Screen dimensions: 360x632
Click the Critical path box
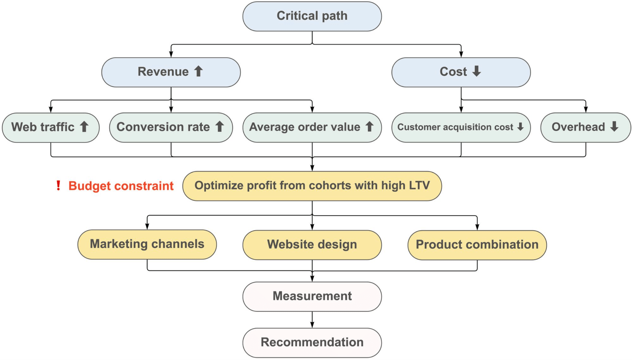pos(312,16)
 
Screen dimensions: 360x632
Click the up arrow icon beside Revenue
pos(199,71)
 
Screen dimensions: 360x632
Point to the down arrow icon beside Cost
pos(477,71)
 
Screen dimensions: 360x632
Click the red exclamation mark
pos(58,185)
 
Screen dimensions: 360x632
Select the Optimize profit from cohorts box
pos(312,186)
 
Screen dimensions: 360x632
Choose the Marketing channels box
pos(147,244)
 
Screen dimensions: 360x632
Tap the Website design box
pos(312,245)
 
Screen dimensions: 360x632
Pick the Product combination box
pos(477,245)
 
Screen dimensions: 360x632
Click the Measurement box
pos(312,296)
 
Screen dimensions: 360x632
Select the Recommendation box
pos(312,342)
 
